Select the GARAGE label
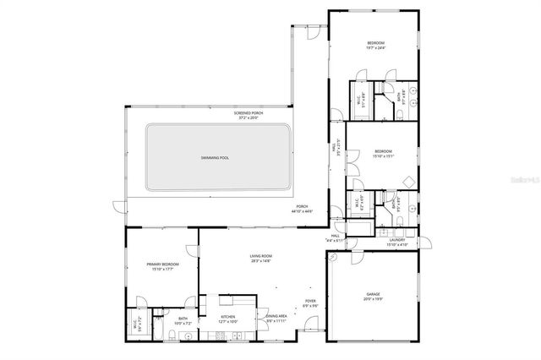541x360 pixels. point(373,293)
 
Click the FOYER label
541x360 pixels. point(310,301)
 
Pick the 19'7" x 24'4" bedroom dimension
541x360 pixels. point(375,47)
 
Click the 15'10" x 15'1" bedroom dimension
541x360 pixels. point(383,155)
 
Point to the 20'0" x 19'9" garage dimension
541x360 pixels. point(373,298)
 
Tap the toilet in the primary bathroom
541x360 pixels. point(172,335)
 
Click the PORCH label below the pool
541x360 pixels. point(302,206)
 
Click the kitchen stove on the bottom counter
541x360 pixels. point(218,335)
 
